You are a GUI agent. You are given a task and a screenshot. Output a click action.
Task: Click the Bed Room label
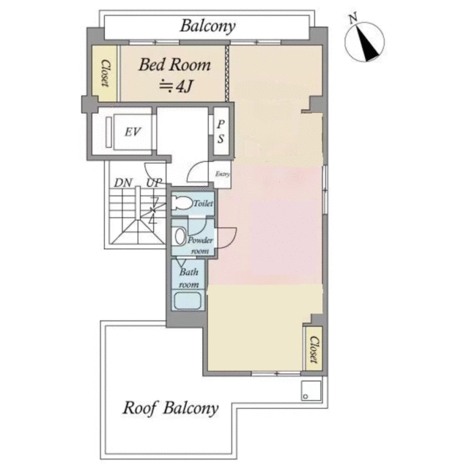pyautogui.click(x=174, y=65)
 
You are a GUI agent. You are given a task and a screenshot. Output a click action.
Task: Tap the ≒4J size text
pyautogui.click(x=175, y=86)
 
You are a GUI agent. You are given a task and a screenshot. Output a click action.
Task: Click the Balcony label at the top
pyautogui.click(x=207, y=26)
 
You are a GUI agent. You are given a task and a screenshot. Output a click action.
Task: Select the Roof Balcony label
pyautogui.click(x=171, y=408)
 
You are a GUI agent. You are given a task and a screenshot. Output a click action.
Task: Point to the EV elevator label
pyautogui.click(x=133, y=132)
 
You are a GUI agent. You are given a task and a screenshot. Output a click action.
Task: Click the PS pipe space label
pyautogui.click(x=221, y=132)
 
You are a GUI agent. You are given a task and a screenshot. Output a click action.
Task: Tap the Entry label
pyautogui.click(x=223, y=174)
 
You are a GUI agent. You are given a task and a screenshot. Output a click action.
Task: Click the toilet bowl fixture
pyautogui.click(x=182, y=204)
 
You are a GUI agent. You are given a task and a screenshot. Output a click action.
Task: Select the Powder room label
pyautogui.click(x=200, y=245)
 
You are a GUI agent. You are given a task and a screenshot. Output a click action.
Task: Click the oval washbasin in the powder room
pyautogui.click(x=180, y=237)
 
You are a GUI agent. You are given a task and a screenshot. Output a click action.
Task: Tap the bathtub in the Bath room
pyautogui.click(x=188, y=300)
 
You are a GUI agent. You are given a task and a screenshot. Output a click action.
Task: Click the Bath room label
pyautogui.click(x=189, y=278)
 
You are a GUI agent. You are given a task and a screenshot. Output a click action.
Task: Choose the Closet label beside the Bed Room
pyautogui.click(x=105, y=73)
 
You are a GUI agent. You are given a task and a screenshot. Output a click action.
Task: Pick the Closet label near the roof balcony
pyautogui.click(x=313, y=350)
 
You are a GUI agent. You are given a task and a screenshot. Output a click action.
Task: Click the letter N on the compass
pyautogui.click(x=353, y=18)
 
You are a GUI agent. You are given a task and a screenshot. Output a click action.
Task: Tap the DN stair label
pyautogui.click(x=123, y=182)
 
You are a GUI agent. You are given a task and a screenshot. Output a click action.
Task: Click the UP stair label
pyautogui.click(x=154, y=182)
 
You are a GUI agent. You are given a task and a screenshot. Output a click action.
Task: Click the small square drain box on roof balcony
pyautogui.click(x=311, y=391)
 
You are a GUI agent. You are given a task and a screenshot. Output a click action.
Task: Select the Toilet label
pyautogui.click(x=204, y=204)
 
